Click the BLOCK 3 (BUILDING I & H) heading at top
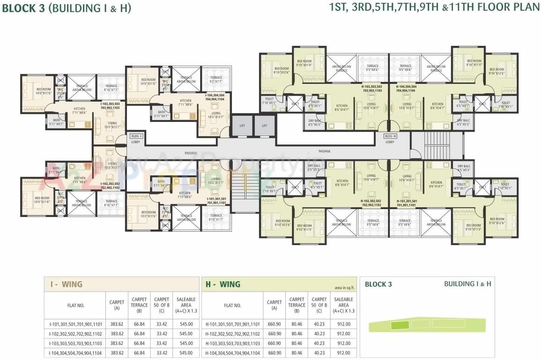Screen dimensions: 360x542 (67, 8)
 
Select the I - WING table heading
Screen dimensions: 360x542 (66, 284)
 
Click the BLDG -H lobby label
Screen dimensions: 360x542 (390, 136)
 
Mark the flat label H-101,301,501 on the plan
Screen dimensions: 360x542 (406, 203)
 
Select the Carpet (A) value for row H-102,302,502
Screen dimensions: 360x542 (275, 334)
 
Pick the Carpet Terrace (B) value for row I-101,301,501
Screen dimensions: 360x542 (139, 324)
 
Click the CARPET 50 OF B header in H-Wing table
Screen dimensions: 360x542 (319, 305)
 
